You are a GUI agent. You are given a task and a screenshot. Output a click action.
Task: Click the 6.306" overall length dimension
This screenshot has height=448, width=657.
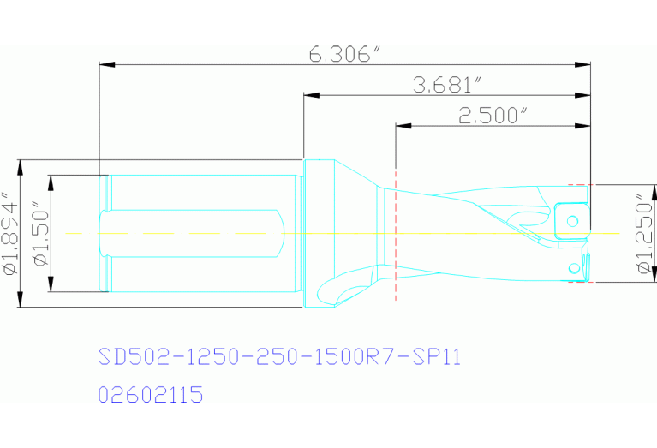344,54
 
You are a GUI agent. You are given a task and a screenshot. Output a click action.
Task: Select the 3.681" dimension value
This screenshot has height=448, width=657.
446,85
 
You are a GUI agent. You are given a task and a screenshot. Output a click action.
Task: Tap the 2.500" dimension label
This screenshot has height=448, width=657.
492,116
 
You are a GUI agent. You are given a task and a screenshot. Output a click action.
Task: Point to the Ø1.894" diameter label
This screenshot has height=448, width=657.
11,233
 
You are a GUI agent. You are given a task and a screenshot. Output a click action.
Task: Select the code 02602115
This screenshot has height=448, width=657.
151,395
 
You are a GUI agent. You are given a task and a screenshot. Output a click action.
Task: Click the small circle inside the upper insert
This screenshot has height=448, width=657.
571,220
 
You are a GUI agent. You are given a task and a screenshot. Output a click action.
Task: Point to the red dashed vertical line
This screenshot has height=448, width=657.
396,257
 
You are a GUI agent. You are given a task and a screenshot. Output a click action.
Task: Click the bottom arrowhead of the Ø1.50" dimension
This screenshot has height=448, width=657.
51,287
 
